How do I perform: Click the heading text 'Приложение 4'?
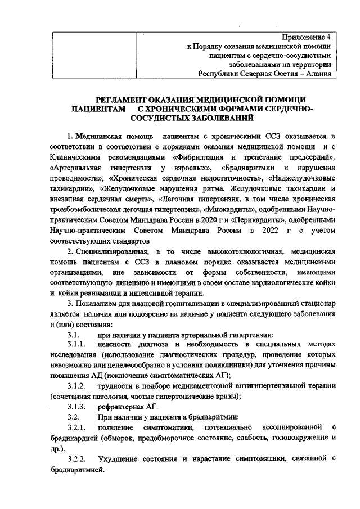tap(306, 37)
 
